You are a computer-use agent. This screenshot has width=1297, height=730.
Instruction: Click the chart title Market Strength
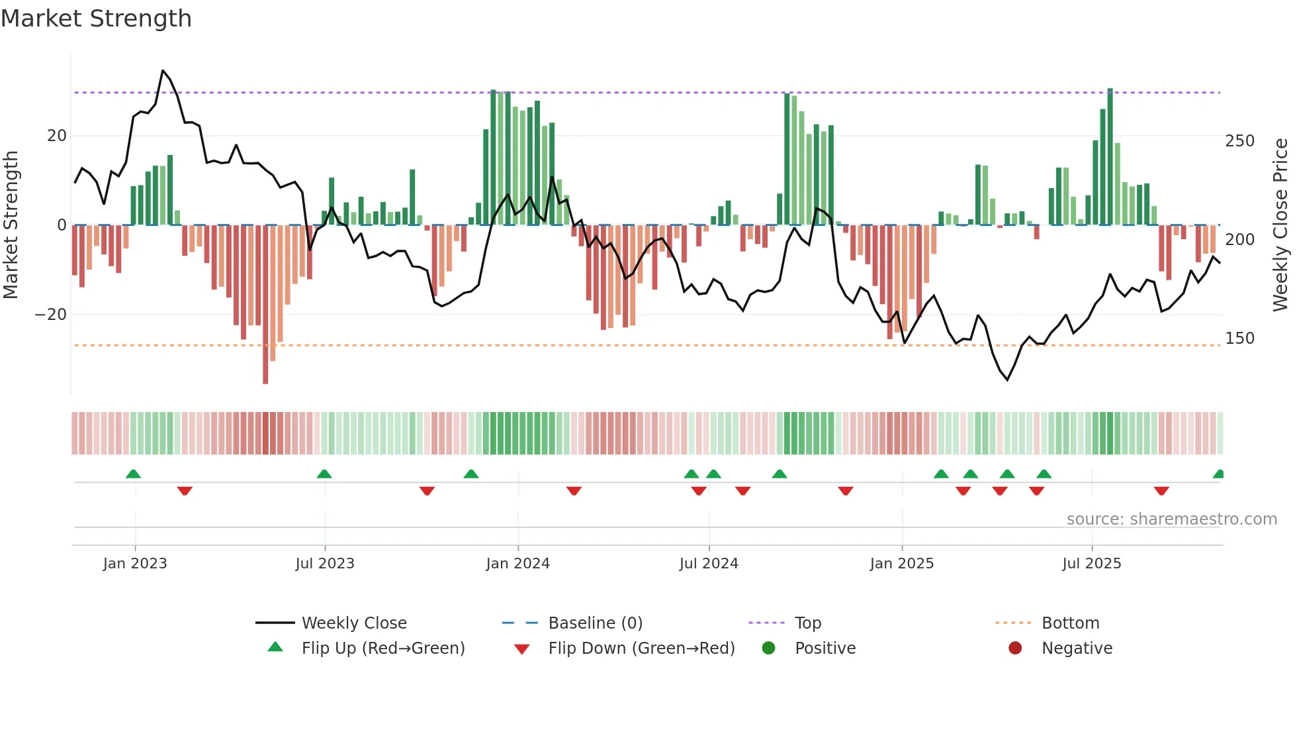tap(96, 19)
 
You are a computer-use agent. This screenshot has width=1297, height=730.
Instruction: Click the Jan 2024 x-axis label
tap(517, 564)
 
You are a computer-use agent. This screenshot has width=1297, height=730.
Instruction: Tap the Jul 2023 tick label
tap(325, 564)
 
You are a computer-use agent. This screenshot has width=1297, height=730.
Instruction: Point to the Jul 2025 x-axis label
tap(1092, 564)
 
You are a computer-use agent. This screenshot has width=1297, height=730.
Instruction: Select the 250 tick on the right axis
tap(1239, 141)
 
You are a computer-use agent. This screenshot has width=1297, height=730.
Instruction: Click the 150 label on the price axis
tap(1239, 339)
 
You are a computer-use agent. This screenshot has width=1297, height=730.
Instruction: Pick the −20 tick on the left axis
tap(51, 315)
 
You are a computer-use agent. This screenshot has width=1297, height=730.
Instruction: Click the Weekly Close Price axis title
tap(1280, 225)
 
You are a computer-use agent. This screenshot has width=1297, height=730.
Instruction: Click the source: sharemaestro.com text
tap(1171, 519)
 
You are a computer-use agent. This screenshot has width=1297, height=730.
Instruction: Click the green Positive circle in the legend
tap(768, 648)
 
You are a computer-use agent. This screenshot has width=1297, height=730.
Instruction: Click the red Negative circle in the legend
tap(1015, 648)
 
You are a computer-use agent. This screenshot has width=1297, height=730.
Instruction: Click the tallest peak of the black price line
tap(163, 71)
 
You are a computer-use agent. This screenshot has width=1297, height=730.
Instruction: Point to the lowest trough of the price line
tap(1007, 380)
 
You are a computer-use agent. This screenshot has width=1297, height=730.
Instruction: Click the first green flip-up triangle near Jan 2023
tap(133, 474)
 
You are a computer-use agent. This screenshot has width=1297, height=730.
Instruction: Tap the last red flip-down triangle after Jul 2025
tap(1161, 491)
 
